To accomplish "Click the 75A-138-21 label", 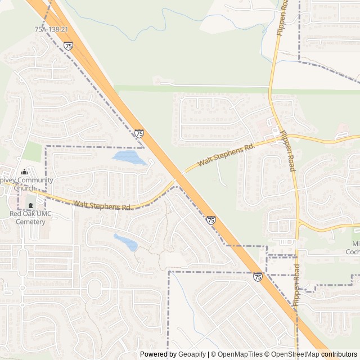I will (52, 29).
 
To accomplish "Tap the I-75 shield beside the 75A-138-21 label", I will (68, 46).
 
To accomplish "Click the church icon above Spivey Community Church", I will (24, 172).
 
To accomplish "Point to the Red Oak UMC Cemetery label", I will (27, 218).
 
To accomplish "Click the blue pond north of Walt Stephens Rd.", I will (129, 157).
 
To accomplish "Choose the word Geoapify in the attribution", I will (191, 354).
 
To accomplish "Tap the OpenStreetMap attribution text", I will (292, 354).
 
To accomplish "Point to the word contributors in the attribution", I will (339, 354).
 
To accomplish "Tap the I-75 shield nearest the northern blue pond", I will (139, 134).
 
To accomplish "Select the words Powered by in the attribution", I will (158, 354).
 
